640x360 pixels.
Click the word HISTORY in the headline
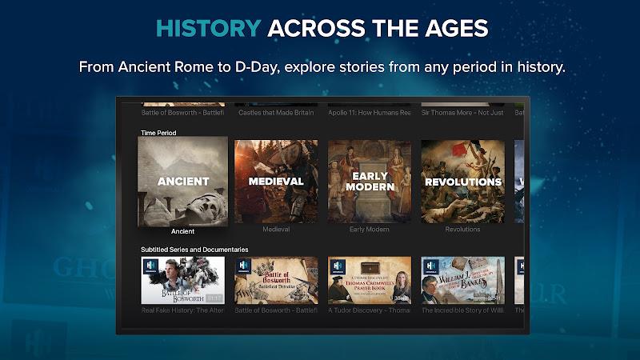[x=208, y=29]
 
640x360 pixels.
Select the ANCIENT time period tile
[x=183, y=182]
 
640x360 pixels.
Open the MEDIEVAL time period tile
[x=276, y=182]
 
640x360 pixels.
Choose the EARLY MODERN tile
[x=370, y=182]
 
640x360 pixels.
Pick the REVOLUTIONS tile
[x=462, y=182]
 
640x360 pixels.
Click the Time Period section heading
[x=158, y=133]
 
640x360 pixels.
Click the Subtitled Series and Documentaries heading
[x=194, y=250]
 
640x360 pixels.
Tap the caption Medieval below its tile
[x=276, y=230]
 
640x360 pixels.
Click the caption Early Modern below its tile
[x=370, y=230]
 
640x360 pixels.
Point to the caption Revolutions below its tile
[x=462, y=230]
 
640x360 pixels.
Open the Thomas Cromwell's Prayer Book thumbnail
[x=370, y=280]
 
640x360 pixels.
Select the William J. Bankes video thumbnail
[x=462, y=280]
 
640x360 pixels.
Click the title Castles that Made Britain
[x=276, y=113]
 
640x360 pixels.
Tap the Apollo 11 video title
[x=370, y=113]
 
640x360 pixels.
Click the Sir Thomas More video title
[x=462, y=113]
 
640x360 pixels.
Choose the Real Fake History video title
[x=183, y=310]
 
